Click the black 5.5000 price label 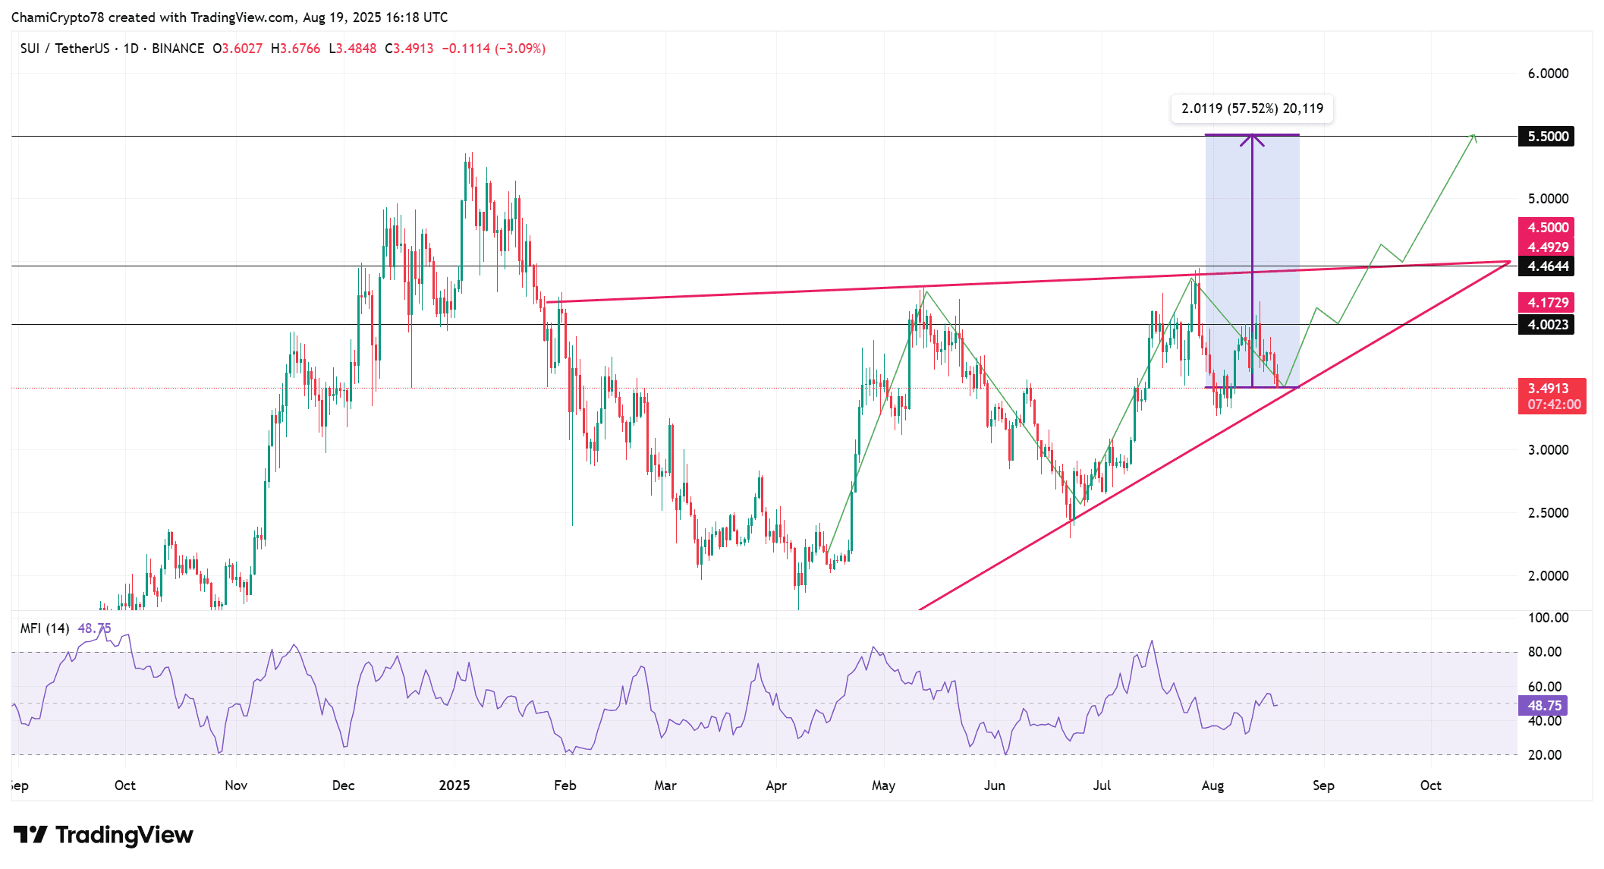click(1546, 137)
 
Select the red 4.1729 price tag click(1546, 302)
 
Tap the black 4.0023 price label click(1546, 325)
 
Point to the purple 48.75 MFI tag click(1543, 706)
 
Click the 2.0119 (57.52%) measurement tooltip click(1252, 109)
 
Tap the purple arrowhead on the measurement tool click(1252, 140)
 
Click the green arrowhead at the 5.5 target click(1473, 137)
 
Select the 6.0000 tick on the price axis click(1548, 74)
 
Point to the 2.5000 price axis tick click(1548, 513)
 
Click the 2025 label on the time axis click(454, 786)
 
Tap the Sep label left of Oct click(20, 786)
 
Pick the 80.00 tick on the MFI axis click(1544, 652)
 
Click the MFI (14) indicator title click(45, 628)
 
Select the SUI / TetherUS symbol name click(65, 49)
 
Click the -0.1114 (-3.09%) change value click(493, 49)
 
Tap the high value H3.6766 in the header click(295, 49)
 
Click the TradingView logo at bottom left click(103, 835)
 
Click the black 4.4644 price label click(1546, 266)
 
